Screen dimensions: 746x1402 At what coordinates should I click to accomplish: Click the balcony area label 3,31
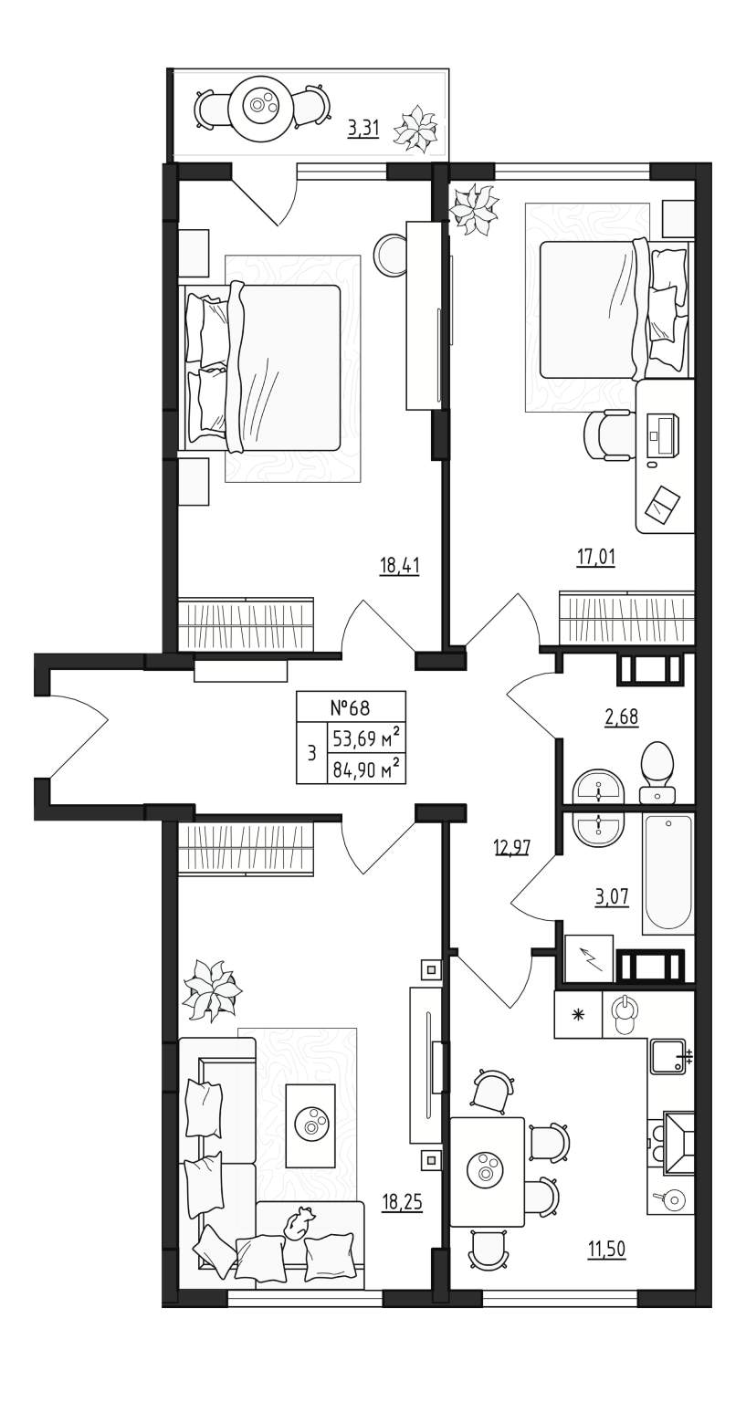click(363, 130)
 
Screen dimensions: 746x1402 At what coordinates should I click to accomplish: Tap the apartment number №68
click(350, 708)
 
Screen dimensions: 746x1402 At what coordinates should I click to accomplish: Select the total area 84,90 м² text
click(366, 769)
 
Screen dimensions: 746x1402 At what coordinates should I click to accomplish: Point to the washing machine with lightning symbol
click(588, 958)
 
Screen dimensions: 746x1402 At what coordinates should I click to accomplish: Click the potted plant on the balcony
click(415, 129)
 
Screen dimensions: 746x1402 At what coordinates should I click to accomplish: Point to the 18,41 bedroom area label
click(400, 566)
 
